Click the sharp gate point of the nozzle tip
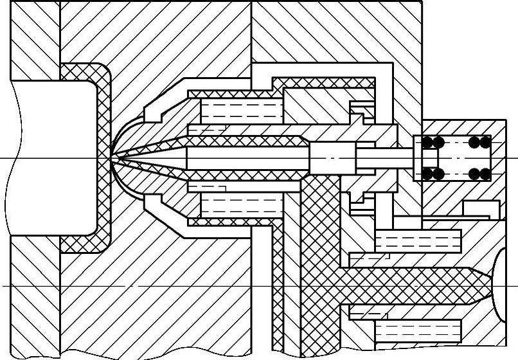[111, 157]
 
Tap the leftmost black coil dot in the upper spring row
[425, 141]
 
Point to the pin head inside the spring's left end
[429, 157]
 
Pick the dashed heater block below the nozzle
[241, 206]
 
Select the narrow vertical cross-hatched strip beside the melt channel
[278, 289]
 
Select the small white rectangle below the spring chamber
[481, 209]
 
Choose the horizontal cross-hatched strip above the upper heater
[321, 83]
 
